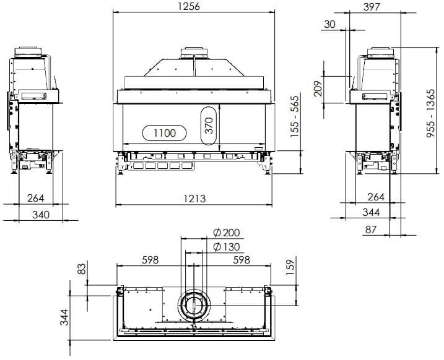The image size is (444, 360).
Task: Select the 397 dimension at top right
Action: [373, 7]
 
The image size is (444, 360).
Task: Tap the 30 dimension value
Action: [330, 24]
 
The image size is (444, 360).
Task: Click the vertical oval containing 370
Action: [209, 126]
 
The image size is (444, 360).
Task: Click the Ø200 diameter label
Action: [225, 233]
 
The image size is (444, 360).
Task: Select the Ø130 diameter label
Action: [225, 246]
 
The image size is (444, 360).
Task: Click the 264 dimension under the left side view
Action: [35, 198]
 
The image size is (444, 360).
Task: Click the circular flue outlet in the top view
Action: [194, 306]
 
